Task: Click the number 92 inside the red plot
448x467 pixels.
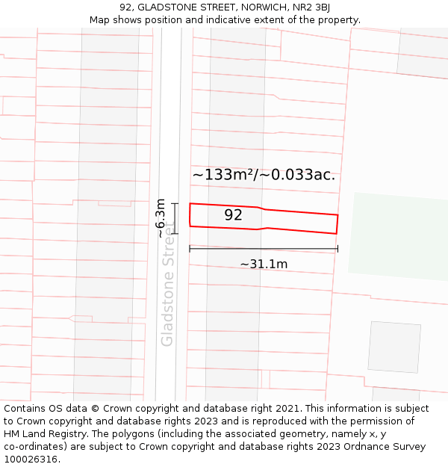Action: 233,215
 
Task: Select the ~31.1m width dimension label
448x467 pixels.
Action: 264,264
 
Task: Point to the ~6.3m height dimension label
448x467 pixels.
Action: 161,218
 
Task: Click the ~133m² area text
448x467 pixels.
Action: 223,175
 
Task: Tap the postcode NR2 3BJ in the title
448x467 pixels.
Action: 312,7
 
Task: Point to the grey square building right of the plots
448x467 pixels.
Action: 393,347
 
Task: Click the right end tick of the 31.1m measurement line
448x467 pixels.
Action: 337,249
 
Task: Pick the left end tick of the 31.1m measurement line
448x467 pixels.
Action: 190,249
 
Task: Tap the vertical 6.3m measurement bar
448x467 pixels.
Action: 175,218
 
